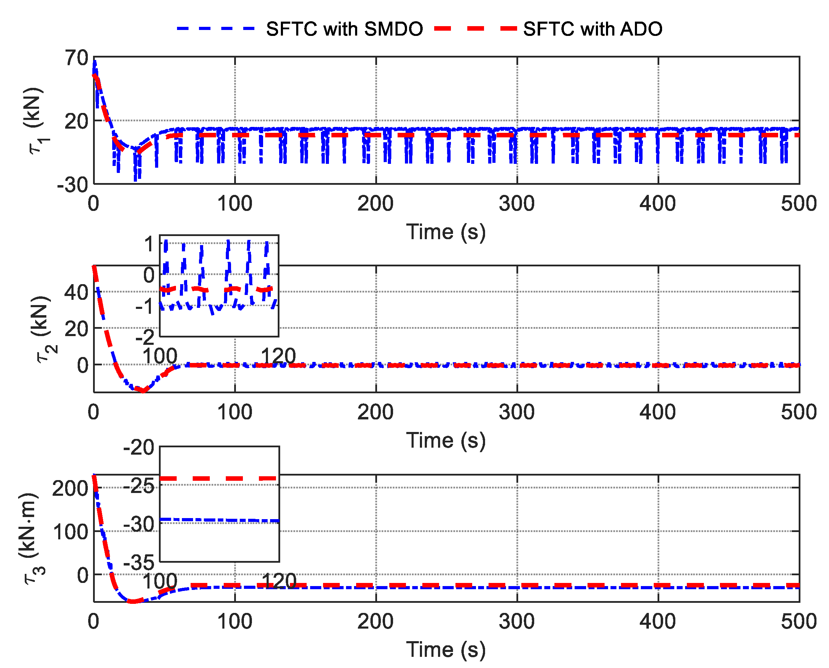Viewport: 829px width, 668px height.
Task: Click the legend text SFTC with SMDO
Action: coord(344,29)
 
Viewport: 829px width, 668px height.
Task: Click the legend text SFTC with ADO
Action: coord(592,29)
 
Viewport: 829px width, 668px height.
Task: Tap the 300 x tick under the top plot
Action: coord(517,204)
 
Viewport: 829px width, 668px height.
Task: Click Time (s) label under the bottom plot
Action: coord(446,650)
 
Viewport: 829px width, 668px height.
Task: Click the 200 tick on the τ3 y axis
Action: coord(70,489)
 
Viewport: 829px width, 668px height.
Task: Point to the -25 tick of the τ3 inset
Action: coord(139,486)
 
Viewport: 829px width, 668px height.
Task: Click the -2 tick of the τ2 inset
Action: coord(145,337)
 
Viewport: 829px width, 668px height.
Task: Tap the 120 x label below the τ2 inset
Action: coord(278,356)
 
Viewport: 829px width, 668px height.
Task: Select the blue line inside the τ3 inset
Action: coord(219,520)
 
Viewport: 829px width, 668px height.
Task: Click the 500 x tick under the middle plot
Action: coord(798,412)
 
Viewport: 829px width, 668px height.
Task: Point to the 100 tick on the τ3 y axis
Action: coord(70,532)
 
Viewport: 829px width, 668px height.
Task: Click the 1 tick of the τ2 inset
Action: coord(149,244)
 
